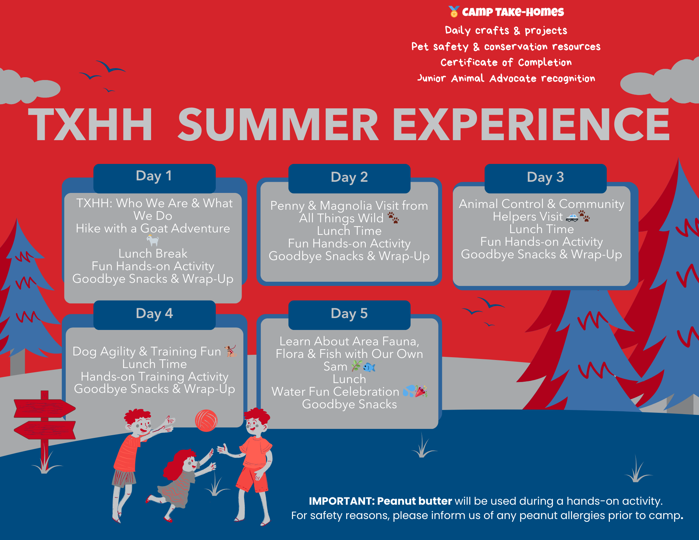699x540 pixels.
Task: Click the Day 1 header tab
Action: coord(154,178)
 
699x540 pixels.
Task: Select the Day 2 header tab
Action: coord(349,178)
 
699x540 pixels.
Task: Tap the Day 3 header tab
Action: coord(545,178)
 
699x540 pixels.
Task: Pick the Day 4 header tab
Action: coord(154,315)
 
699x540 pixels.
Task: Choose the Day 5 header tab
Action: coord(349,315)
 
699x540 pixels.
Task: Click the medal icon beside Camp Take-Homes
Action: coord(454,12)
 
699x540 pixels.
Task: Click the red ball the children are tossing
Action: coord(206,420)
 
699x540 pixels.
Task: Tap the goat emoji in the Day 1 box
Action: coord(152,240)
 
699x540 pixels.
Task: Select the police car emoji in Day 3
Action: coord(572,217)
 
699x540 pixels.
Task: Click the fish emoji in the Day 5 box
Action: coord(369,367)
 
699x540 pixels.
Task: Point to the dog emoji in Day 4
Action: coord(230,351)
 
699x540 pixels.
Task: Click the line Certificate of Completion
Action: coord(506,63)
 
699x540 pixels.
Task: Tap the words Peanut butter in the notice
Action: coord(414,501)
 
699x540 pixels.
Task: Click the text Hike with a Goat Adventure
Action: coord(153,228)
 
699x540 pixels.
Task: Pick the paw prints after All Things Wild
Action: coord(393,217)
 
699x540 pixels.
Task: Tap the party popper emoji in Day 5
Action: coord(421,391)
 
